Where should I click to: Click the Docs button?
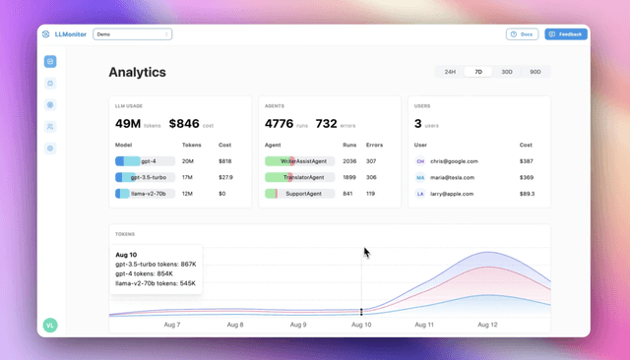(x=522, y=34)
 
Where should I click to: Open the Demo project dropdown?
(x=133, y=34)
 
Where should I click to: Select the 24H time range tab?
(x=450, y=72)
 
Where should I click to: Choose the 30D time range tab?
(x=507, y=72)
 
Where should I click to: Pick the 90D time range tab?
(x=535, y=72)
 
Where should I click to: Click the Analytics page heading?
(x=137, y=72)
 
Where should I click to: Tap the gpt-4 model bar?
(x=145, y=161)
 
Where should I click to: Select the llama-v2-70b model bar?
(x=145, y=194)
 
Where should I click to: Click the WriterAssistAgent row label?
(x=300, y=161)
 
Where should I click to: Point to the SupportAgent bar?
(x=300, y=194)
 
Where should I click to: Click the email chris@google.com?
(x=454, y=161)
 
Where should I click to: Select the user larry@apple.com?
(x=452, y=194)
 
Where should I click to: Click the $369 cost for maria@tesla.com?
(x=527, y=177)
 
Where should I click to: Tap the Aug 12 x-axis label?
(x=488, y=325)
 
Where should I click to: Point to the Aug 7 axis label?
(x=171, y=325)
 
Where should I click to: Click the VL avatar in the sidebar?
(x=50, y=326)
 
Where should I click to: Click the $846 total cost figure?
(x=184, y=124)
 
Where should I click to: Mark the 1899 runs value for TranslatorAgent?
(x=349, y=177)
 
